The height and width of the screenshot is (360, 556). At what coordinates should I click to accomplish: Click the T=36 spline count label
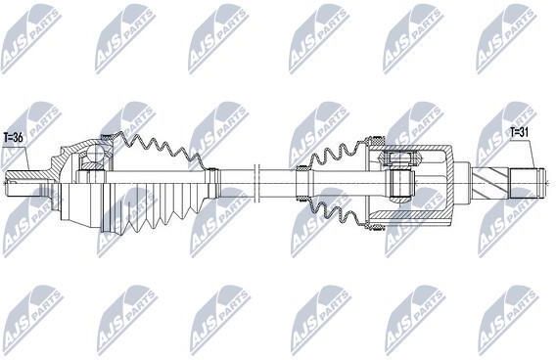(x=13, y=138)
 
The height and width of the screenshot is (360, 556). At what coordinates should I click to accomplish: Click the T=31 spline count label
(x=520, y=132)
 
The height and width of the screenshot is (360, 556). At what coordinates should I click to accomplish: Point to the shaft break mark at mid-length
(x=257, y=183)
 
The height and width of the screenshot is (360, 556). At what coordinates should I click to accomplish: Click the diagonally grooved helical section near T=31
(x=490, y=183)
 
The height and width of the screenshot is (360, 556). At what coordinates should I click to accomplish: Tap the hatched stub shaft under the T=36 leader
(x=25, y=176)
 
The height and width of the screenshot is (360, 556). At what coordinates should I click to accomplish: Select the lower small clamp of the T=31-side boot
(x=302, y=198)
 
